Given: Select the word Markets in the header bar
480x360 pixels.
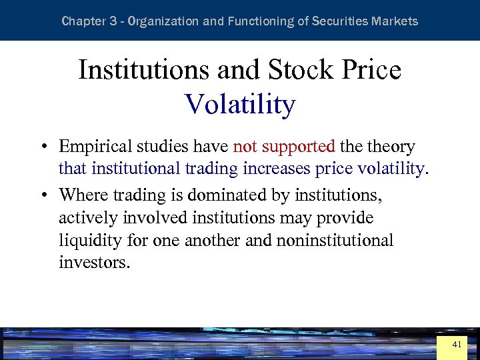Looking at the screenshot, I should (x=396, y=21).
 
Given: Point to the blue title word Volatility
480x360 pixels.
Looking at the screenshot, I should (x=240, y=105).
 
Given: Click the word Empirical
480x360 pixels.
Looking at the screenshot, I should (x=95, y=146).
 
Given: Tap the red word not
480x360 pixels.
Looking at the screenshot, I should (x=245, y=146).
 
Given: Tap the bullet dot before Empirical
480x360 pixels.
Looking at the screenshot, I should (x=42, y=147).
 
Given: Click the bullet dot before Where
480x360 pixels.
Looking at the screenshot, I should (x=42, y=195).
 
